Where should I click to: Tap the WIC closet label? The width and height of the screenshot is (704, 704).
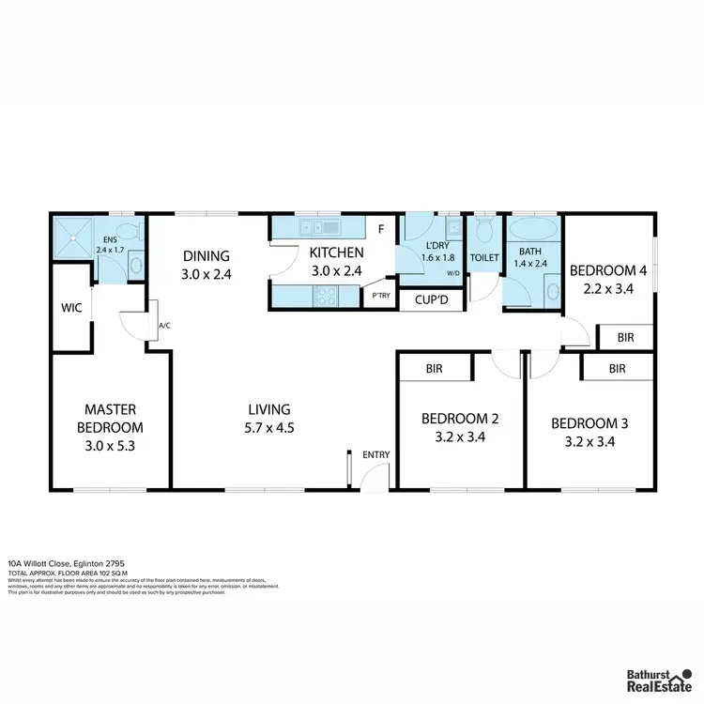pos(71,307)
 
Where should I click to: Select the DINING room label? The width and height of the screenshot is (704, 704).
pos(207,256)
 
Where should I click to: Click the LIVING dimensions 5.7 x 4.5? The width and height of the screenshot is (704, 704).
pos(269,427)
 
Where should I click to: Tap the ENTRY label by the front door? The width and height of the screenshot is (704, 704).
pos(375,455)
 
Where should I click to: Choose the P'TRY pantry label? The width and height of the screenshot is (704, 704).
pos(381,296)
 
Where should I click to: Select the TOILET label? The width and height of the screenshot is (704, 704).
pos(484,256)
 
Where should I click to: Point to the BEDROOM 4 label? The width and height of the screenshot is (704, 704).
pos(608,271)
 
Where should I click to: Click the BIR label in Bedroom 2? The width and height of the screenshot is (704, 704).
pos(434,370)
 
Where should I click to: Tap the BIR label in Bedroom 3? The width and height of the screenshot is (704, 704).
pos(617,369)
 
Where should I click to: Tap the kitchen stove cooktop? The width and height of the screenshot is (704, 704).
pos(325,297)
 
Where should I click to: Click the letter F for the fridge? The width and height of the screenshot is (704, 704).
pos(381,228)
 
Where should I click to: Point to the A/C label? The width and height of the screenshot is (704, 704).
pos(164,326)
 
